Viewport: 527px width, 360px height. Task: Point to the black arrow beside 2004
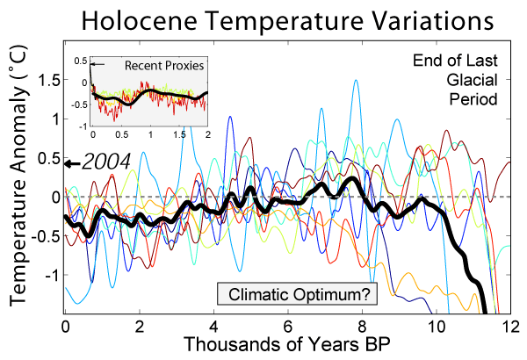tap(75, 162)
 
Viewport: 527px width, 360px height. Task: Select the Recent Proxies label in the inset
tap(165, 66)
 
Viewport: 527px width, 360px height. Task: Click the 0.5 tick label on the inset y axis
tap(79, 61)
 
